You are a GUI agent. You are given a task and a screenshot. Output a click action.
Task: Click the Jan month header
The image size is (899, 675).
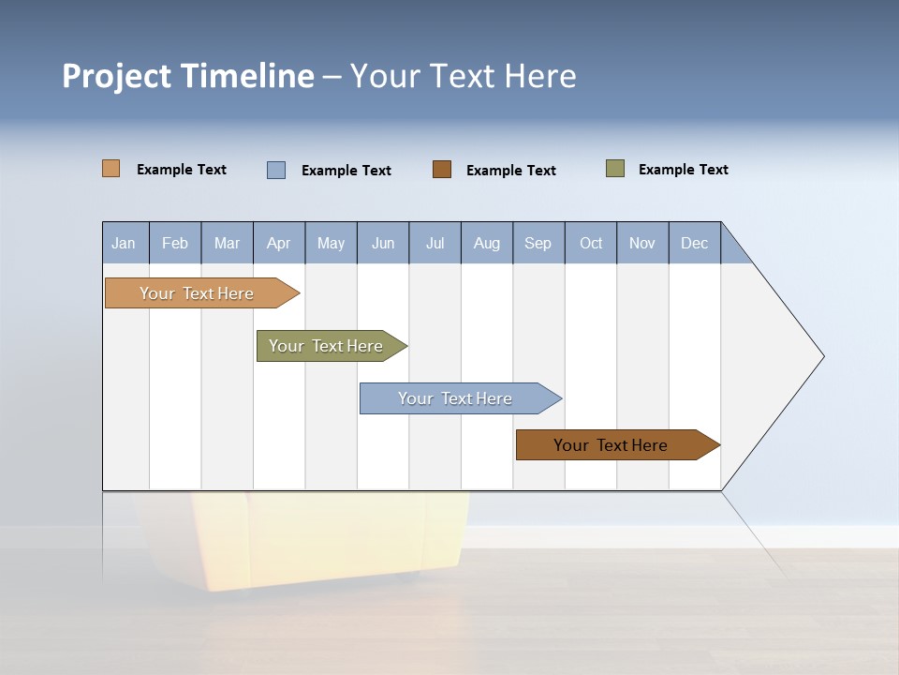click(x=124, y=243)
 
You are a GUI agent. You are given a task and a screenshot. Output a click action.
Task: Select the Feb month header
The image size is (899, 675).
click(x=175, y=243)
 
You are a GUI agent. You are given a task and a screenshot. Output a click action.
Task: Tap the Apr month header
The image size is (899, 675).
click(x=278, y=243)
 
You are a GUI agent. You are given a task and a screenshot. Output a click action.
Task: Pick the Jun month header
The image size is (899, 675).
click(x=383, y=243)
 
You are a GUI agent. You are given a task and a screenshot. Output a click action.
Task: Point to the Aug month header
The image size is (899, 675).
click(x=486, y=243)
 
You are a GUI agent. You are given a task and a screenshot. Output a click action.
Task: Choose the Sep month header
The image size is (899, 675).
click(x=538, y=243)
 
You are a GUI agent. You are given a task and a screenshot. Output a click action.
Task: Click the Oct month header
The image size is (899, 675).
click(x=591, y=243)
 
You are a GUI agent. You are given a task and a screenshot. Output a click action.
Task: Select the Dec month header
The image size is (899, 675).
click(x=694, y=243)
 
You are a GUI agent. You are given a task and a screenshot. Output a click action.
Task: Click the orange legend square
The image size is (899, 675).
click(x=111, y=169)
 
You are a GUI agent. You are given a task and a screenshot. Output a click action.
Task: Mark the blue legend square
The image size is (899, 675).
click(x=276, y=170)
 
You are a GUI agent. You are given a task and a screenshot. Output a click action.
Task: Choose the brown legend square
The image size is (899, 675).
click(x=442, y=169)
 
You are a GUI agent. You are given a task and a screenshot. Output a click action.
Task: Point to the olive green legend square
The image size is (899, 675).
click(x=615, y=169)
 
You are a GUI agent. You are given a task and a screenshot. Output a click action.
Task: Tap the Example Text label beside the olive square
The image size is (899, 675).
click(x=683, y=169)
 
